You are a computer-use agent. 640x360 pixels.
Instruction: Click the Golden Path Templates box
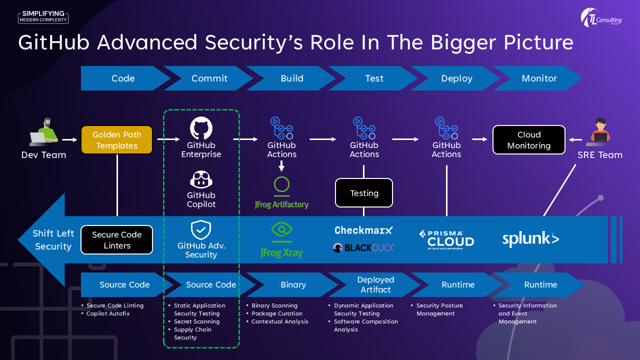(116, 140)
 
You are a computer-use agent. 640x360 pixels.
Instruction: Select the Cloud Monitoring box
(529, 140)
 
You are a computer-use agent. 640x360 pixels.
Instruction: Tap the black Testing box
(364, 193)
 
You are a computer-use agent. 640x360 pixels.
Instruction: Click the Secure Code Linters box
(116, 240)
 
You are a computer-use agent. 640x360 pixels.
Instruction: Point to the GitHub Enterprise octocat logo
(201, 128)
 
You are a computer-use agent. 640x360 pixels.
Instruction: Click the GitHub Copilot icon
(201, 180)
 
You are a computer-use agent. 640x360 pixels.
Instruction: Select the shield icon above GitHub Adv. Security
(201, 230)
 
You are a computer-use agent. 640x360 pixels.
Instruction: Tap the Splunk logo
(530, 239)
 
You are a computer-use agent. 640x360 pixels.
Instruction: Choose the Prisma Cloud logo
(446, 239)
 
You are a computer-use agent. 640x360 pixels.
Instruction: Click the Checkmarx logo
(363, 230)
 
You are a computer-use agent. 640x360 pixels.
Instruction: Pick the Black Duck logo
(363, 247)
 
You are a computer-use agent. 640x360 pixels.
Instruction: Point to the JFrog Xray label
(281, 252)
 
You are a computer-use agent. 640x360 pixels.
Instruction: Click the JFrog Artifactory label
(281, 204)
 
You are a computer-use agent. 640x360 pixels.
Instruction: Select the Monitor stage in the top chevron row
(539, 78)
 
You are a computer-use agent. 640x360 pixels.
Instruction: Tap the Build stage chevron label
(292, 78)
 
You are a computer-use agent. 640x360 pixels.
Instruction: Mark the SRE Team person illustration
(599, 131)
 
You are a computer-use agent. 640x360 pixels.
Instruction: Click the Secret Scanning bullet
(196, 321)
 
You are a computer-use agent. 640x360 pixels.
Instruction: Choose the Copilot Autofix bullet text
(108, 313)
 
